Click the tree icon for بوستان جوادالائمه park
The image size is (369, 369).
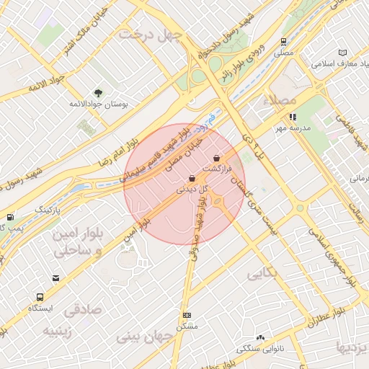point(99,92)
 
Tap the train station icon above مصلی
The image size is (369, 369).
point(284,42)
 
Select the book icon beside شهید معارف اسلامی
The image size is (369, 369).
point(342,53)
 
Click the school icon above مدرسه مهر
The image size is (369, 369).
point(292,117)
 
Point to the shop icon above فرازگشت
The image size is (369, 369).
point(217,158)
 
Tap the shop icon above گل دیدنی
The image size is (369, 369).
point(192,178)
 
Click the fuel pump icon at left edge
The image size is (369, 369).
point(9,217)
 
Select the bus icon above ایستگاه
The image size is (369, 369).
point(40,296)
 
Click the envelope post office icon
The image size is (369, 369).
point(56,278)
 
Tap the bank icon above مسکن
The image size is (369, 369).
point(187,315)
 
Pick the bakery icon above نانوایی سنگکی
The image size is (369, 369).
point(260,337)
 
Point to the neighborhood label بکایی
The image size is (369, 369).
point(262,275)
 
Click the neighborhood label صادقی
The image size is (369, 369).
point(84,310)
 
